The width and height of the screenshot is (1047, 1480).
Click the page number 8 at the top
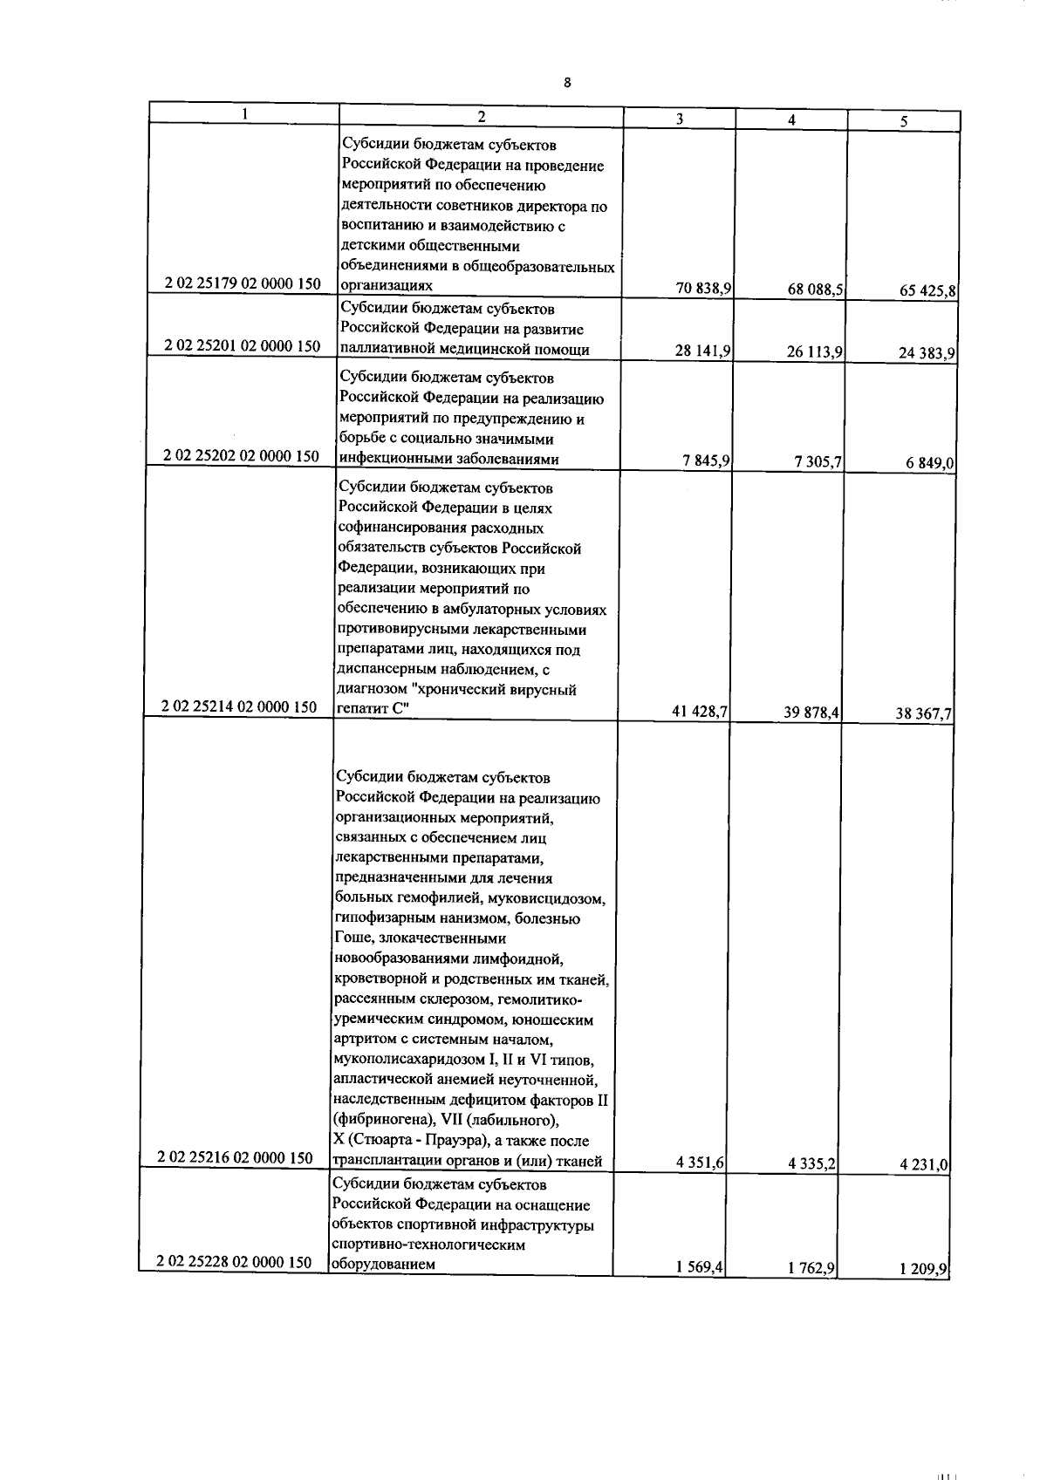click(568, 83)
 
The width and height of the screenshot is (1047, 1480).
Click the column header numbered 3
click(680, 120)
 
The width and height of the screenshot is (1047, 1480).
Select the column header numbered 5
click(904, 123)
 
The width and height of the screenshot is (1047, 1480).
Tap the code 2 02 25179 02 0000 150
click(243, 283)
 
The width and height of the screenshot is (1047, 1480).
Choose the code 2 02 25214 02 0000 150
click(240, 706)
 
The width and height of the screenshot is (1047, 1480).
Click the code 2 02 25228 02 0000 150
click(235, 1262)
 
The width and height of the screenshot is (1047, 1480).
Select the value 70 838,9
click(702, 289)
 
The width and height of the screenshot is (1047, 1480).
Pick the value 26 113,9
click(814, 352)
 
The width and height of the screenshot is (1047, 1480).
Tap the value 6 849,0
click(930, 464)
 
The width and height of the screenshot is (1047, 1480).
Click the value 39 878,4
click(812, 713)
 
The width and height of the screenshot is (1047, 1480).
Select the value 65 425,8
click(927, 292)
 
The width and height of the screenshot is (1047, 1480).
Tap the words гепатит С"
click(372, 710)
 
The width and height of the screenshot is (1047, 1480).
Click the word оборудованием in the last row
click(382, 1263)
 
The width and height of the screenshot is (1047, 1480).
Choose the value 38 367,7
click(924, 715)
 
